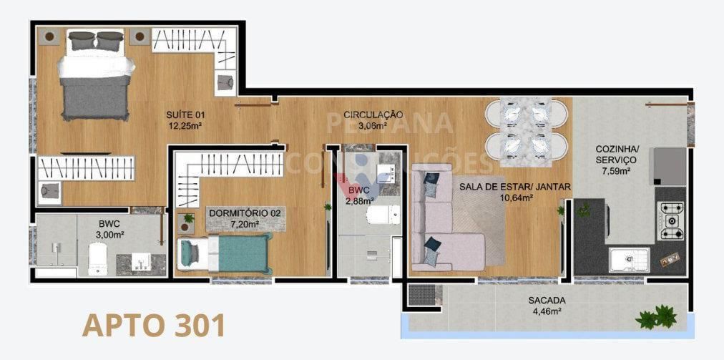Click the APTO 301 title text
(x=154, y=325)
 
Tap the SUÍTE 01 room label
(x=185, y=115)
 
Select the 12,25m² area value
(x=185, y=126)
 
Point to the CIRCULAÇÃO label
(x=373, y=115)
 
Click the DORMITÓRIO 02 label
(x=245, y=213)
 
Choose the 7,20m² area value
(x=244, y=225)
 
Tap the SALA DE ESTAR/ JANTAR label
(x=514, y=187)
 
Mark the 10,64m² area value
(x=514, y=198)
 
